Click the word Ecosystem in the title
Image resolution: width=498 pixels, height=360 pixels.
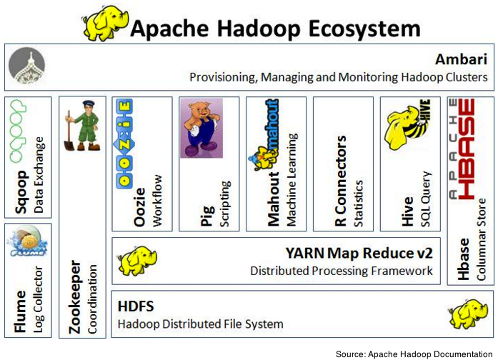[x=364, y=29]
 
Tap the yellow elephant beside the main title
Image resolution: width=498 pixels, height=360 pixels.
[x=105, y=23]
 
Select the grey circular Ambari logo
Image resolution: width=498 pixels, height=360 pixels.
[x=26, y=66]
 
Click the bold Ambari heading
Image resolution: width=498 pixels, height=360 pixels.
[x=461, y=59]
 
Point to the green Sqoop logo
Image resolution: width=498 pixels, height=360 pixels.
[x=18, y=131]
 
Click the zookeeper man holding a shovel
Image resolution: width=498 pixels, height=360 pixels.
[x=82, y=126]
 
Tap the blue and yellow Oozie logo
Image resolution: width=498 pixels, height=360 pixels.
[x=124, y=144]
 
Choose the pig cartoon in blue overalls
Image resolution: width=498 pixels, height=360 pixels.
[x=201, y=128]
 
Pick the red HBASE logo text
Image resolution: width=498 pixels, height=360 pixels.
[x=466, y=149]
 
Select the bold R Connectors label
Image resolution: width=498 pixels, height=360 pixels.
[x=341, y=181]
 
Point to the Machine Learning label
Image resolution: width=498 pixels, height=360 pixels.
[x=292, y=179]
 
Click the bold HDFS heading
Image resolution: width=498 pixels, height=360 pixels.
[x=136, y=306]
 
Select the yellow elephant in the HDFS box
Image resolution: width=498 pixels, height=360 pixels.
[x=468, y=313]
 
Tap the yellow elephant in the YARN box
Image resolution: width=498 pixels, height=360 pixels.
[x=137, y=260]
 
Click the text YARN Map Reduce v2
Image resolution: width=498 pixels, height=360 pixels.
[x=359, y=253]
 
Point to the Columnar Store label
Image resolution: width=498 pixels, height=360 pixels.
[x=481, y=239]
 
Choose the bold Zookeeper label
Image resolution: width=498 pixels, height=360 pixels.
[x=74, y=297]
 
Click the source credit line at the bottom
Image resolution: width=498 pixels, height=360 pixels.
[x=414, y=354]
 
